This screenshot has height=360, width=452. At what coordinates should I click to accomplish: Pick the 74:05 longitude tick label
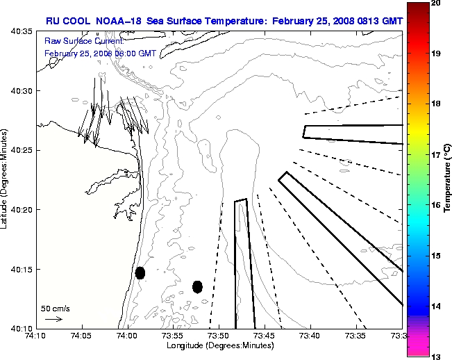pyautogui.click(x=81, y=336)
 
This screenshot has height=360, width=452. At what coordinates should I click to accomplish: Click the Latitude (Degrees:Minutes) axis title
pyautogui.click(x=6, y=179)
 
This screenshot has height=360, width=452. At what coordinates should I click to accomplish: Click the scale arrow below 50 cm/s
pyautogui.click(x=53, y=319)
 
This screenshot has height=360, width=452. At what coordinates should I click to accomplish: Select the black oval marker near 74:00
pyautogui.click(x=140, y=272)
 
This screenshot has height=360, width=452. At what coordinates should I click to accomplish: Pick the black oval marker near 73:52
pyautogui.click(x=197, y=286)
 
